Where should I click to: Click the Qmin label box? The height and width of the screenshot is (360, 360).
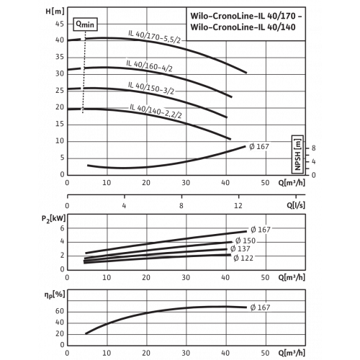point(85,24)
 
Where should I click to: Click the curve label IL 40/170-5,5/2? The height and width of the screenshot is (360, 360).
point(154,37)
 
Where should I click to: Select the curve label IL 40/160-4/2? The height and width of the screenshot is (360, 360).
point(149,66)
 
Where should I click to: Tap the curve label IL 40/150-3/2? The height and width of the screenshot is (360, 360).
point(151,88)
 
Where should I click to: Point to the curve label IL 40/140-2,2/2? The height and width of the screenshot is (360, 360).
point(156,111)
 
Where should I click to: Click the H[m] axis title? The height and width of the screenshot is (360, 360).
point(55,12)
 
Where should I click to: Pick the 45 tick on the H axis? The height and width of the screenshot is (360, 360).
point(60,24)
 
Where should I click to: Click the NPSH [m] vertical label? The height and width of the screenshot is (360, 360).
point(297,154)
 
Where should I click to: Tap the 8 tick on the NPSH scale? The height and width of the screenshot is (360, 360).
point(314,148)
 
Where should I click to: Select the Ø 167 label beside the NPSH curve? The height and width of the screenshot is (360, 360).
point(259,146)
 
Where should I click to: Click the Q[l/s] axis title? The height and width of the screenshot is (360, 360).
point(296,205)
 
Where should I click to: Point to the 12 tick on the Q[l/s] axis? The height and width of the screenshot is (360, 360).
point(238,205)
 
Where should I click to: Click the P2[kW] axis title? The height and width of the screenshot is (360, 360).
point(53,219)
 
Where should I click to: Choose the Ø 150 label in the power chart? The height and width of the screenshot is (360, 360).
point(246,240)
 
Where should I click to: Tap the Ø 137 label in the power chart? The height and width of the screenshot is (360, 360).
point(240,249)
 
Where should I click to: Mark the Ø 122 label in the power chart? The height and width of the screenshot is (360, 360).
point(243,258)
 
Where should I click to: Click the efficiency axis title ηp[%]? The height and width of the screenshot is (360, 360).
point(55,294)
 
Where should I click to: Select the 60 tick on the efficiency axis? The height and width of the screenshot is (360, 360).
point(60,311)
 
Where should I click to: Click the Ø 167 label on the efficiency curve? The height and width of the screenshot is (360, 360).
point(260,307)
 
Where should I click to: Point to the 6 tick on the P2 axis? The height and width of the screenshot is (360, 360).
point(63,228)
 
